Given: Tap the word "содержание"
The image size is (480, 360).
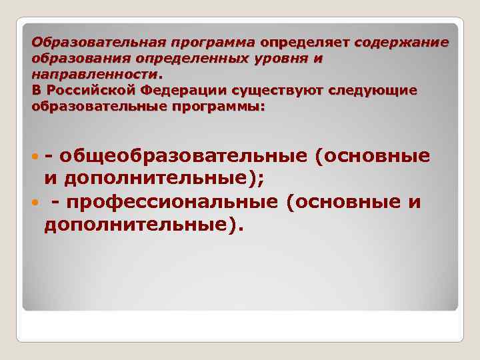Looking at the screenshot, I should click(402, 43).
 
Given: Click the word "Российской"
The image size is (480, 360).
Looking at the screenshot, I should click(87, 89).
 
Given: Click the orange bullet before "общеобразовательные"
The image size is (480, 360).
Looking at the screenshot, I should click(34, 157).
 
